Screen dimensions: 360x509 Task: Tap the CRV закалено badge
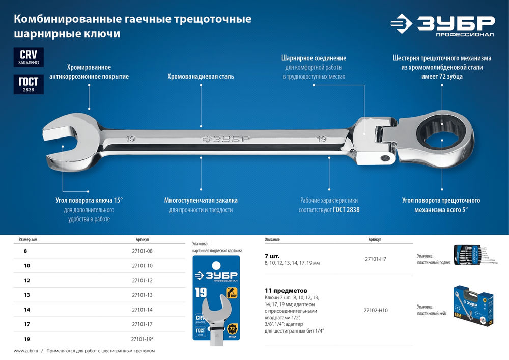[29, 58]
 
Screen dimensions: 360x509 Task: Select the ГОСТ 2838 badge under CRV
[29, 84]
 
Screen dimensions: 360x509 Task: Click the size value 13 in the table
[26, 295]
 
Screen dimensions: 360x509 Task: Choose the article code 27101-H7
[376, 259]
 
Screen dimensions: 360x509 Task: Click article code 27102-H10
[376, 310]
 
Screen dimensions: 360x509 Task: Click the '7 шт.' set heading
[272, 256]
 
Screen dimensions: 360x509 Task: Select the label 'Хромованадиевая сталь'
[201, 77]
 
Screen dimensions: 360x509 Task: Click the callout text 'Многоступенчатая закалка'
[201, 200]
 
